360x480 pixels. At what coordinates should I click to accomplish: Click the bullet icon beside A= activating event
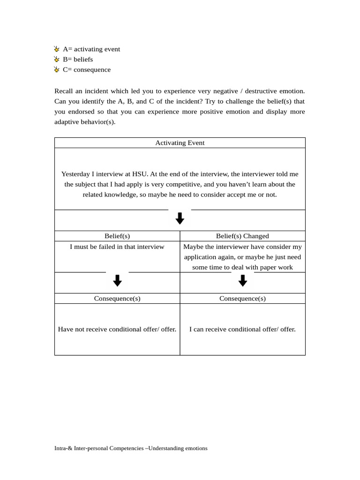(x=57, y=49)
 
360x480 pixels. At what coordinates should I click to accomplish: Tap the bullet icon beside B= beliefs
(x=57, y=60)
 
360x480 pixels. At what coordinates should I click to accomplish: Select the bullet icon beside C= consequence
(x=57, y=70)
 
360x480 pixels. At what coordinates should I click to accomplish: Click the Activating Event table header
(x=180, y=143)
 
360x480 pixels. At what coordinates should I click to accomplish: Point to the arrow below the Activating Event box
(x=180, y=218)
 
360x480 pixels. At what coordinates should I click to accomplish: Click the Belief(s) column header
(x=117, y=236)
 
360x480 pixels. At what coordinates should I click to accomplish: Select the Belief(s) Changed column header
(x=242, y=236)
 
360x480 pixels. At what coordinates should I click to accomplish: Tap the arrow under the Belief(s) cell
(x=117, y=281)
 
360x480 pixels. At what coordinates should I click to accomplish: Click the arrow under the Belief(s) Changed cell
(x=242, y=281)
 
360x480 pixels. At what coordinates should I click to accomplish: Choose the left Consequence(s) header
(x=117, y=299)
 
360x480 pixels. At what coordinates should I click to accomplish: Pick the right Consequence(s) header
(x=242, y=299)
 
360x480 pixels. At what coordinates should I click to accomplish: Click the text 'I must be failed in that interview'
(x=117, y=247)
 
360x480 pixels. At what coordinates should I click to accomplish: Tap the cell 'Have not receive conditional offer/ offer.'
(x=117, y=330)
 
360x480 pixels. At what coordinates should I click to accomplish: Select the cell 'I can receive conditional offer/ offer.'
(x=242, y=330)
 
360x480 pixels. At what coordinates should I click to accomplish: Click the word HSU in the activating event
(x=140, y=174)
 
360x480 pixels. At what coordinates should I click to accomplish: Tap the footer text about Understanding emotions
(x=131, y=448)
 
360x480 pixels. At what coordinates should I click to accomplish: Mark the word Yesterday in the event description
(x=76, y=174)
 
